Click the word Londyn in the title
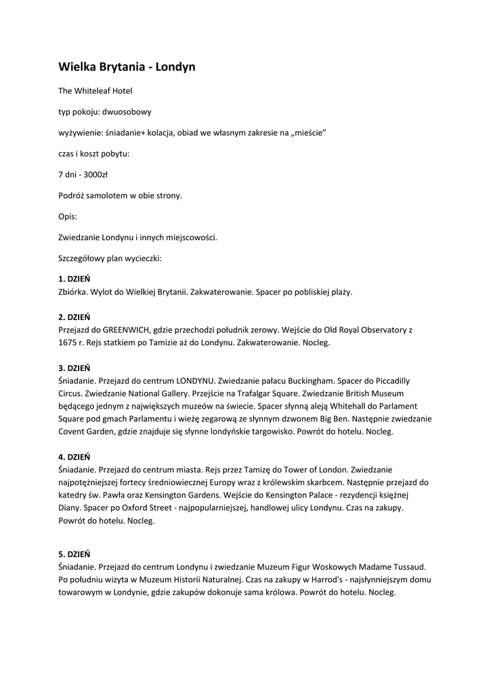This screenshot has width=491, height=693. pos(172,67)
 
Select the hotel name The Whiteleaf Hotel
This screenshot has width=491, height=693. pos(95,90)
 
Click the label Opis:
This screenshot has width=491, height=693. pos(68,217)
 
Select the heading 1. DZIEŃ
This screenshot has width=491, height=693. pos(74,279)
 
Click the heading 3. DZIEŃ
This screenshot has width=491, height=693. pos(74,368)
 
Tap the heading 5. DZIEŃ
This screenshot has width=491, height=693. pos(74,554)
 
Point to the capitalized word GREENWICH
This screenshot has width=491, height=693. pos(128,330)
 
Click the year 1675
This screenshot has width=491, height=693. pos(70,342)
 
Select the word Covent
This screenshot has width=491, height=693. pos(73,431)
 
